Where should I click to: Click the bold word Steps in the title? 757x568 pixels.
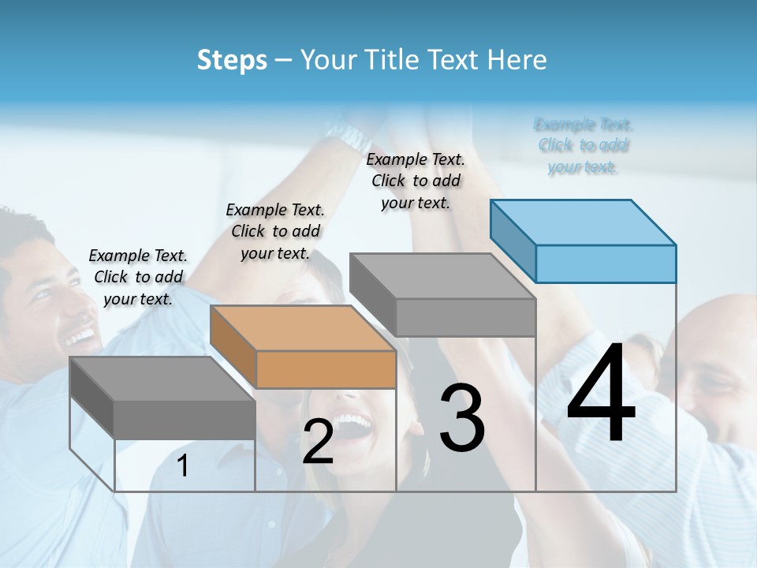pyautogui.click(x=232, y=60)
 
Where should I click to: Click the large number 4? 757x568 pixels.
pyautogui.click(x=601, y=394)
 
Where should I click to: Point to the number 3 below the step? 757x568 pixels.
pyautogui.click(x=462, y=418)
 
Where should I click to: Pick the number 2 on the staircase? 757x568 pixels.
pyautogui.click(x=318, y=442)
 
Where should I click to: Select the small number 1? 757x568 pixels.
pyautogui.click(x=183, y=466)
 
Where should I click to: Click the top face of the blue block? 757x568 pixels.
pyautogui.click(x=584, y=222)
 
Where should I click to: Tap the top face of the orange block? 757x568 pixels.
pyautogui.click(x=303, y=328)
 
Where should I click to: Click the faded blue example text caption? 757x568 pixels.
pyautogui.click(x=583, y=145)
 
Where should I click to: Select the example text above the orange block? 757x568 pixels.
pyautogui.click(x=275, y=231)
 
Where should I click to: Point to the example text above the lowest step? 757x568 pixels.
pyautogui.click(x=138, y=277)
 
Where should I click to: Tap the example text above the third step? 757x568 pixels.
pyautogui.click(x=416, y=181)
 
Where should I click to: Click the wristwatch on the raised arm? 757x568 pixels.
pyautogui.click(x=347, y=134)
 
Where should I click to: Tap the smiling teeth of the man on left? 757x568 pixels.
pyautogui.click(x=79, y=337)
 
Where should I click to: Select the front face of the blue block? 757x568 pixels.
pyautogui.click(x=606, y=263)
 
